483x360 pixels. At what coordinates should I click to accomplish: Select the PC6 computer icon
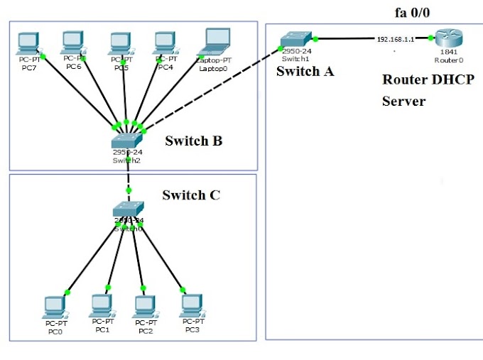tap(73, 43)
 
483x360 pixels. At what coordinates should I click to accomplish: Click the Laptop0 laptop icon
tap(215, 41)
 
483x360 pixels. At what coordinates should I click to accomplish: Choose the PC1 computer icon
tap(101, 306)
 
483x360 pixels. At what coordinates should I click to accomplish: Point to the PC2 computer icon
tap(145, 306)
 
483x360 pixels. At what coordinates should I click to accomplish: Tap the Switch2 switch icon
tap(127, 139)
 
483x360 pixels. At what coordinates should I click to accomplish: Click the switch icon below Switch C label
tap(128, 208)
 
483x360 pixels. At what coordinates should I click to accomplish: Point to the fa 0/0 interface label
tap(412, 12)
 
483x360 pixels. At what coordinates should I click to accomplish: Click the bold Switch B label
tap(193, 141)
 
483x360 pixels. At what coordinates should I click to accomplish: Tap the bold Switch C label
tap(191, 195)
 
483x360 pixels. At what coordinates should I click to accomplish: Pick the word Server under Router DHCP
tap(403, 101)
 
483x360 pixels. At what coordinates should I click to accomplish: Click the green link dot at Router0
tap(430, 40)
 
